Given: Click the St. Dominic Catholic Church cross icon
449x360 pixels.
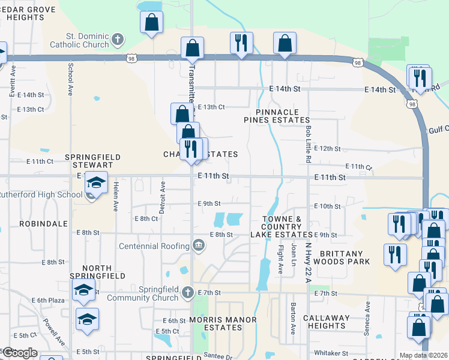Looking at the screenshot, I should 118,40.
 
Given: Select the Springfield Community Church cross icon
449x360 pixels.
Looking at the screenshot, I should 187,292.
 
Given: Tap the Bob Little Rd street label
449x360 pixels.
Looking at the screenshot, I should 308,144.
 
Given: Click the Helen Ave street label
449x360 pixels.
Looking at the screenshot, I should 115,197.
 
